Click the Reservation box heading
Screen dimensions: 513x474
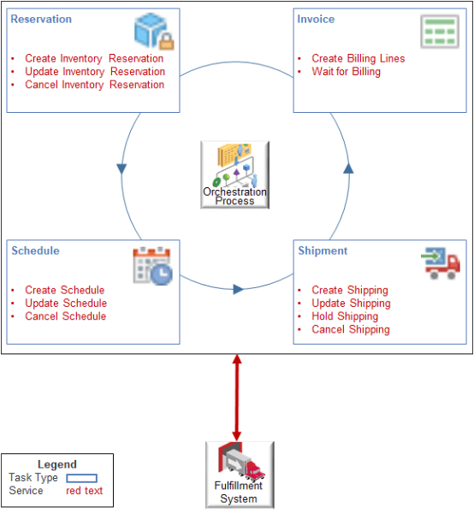point(41,19)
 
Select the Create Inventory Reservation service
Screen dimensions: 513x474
point(94,59)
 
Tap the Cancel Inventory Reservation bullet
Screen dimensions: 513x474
point(94,85)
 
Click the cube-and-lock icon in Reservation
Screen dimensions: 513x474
point(154,31)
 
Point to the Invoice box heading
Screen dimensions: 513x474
point(316,19)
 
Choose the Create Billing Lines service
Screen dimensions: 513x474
point(358,59)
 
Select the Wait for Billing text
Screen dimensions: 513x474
point(346,72)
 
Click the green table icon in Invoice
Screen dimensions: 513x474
point(438,32)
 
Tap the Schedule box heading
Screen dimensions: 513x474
point(35,251)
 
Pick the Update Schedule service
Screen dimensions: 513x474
point(65,304)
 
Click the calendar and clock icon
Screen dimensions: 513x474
point(152,265)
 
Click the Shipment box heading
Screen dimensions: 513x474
point(323,251)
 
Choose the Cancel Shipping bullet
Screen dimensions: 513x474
point(350,329)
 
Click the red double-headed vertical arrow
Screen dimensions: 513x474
point(237,397)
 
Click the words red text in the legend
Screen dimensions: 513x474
point(84,491)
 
